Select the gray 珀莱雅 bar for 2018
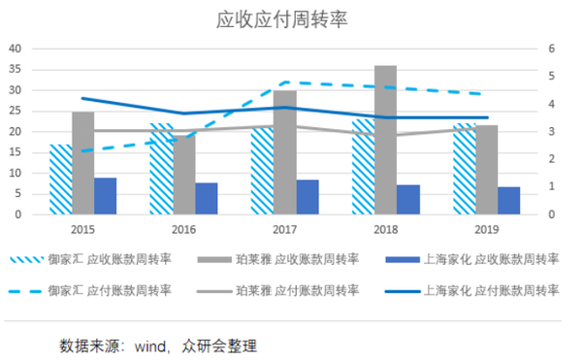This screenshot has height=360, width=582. (x=385, y=140)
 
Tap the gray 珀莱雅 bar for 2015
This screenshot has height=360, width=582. (x=83, y=162)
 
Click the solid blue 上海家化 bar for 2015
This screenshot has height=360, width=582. (x=106, y=195)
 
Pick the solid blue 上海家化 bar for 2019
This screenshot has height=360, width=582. (x=508, y=200)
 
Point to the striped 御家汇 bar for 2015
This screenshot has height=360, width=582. (x=61, y=179)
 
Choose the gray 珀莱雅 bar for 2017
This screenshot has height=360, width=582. (x=284, y=151)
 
